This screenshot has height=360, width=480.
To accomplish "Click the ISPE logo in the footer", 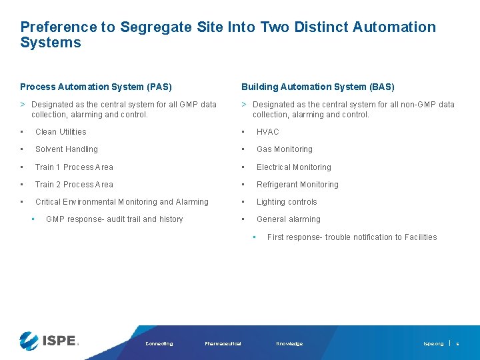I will (x=49, y=341).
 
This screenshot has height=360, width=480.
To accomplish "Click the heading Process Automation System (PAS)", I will (x=96, y=87).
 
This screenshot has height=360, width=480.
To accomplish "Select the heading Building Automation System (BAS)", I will (x=317, y=87).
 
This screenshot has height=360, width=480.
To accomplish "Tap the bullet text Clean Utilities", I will (x=61, y=132).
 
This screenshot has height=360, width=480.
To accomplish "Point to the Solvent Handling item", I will (x=66, y=149).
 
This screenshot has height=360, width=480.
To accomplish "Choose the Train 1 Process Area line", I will (x=74, y=167).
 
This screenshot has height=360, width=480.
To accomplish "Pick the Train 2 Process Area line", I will (x=74, y=185).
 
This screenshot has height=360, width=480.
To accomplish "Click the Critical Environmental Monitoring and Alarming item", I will (x=121, y=202).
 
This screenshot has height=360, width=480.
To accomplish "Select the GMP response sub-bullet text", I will (x=114, y=219).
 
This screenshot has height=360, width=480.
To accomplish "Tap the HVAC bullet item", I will (x=267, y=132).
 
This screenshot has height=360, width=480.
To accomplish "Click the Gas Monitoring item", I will (x=284, y=149).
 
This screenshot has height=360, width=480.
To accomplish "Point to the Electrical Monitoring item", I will (x=293, y=167).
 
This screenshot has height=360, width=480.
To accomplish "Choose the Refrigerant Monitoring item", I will (x=297, y=185).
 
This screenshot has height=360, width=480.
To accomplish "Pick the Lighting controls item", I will (x=287, y=202).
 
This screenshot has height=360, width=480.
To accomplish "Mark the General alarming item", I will (x=288, y=219).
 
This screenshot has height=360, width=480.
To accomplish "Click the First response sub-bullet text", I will (x=351, y=237).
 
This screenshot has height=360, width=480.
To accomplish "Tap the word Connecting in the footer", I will (x=159, y=344).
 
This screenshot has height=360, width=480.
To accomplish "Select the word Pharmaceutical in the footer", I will (x=223, y=344).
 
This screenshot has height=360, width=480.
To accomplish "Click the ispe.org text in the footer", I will (x=433, y=344).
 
